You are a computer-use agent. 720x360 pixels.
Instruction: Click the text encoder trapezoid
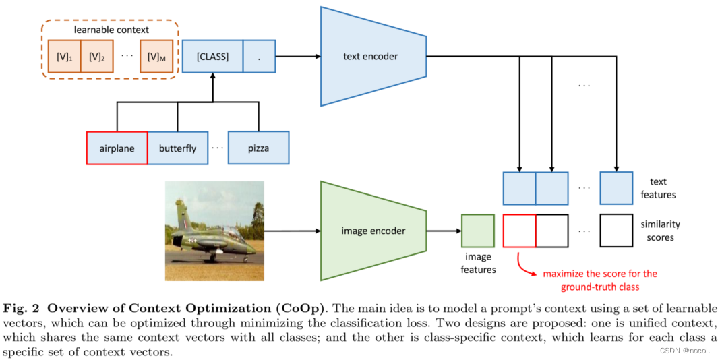coord(371,56)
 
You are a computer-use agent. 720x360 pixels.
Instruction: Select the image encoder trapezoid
coord(373,231)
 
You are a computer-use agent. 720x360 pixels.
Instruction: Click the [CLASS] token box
coord(212,56)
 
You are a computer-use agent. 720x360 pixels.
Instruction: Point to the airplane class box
coord(117,148)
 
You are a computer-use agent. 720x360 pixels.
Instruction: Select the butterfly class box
coord(177,148)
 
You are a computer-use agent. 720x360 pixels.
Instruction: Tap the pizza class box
coord(258,148)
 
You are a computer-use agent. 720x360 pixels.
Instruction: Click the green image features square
coord(478,231)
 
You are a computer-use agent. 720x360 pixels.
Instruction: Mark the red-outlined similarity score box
coord(519,231)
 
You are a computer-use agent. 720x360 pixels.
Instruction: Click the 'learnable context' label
coord(111,29)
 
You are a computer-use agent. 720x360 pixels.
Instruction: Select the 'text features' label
coord(658,188)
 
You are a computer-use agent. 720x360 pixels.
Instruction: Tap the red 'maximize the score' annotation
coord(599,280)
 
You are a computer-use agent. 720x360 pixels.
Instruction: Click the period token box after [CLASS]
coord(258,56)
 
